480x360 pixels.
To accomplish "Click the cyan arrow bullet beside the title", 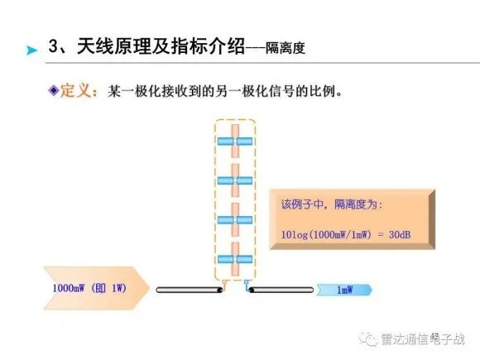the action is pos(31,50).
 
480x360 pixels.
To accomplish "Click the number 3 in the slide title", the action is pos(53,46).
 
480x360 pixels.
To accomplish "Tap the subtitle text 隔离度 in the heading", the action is pos(286,48).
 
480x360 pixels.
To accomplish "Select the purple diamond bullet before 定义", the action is pos(54,90).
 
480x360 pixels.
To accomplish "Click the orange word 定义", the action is pos(75,90).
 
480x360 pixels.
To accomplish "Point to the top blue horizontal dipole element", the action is pos(235,142).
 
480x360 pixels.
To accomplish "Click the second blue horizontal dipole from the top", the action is pos(235,180).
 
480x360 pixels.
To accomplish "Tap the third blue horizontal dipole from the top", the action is pos(235,220).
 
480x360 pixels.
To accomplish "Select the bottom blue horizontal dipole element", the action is pos(235,259).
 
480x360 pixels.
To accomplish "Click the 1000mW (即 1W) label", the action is pos(89,288).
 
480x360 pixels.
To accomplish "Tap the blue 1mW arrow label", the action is pos(344,290).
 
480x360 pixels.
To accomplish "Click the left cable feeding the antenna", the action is pos(190,290).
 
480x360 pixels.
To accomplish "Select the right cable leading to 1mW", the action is pos(281,290).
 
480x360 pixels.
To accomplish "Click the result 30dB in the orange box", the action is pos(400,234).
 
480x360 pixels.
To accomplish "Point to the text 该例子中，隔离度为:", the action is pos(332,204).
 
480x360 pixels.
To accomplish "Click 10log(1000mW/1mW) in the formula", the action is pos(326,235).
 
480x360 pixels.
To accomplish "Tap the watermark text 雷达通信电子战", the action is pos(422,339).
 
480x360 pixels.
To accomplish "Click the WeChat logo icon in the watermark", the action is pos(368,338).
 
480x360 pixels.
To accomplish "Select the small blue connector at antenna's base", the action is pos(247,283).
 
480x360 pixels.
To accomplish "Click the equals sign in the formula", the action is pos(381,235).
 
